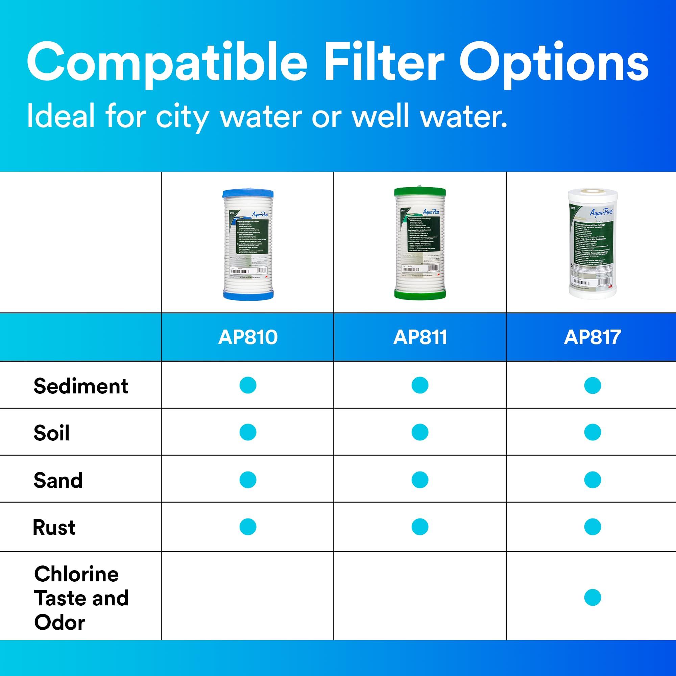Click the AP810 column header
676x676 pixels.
click(248, 337)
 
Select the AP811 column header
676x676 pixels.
click(420, 337)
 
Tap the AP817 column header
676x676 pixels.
click(593, 337)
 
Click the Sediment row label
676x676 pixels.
click(81, 386)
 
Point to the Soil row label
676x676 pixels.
click(51, 433)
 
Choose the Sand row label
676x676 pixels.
click(58, 480)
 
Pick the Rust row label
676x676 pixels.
click(54, 527)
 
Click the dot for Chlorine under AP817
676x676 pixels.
click(593, 597)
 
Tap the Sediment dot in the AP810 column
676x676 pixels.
click(248, 385)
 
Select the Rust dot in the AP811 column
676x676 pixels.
click(420, 527)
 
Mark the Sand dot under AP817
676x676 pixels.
click(593, 479)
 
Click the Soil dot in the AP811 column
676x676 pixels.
click(420, 432)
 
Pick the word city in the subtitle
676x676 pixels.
click(182, 117)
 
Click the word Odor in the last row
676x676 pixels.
click(60, 623)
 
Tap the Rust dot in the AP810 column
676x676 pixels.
click(248, 527)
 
